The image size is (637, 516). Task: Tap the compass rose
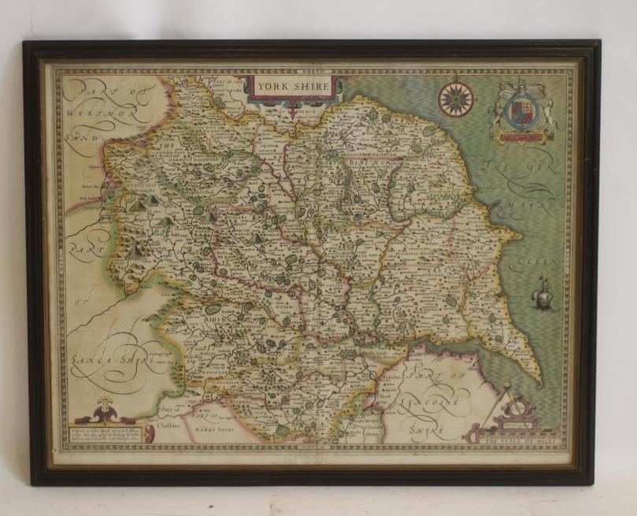pyautogui.click(x=455, y=98)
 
